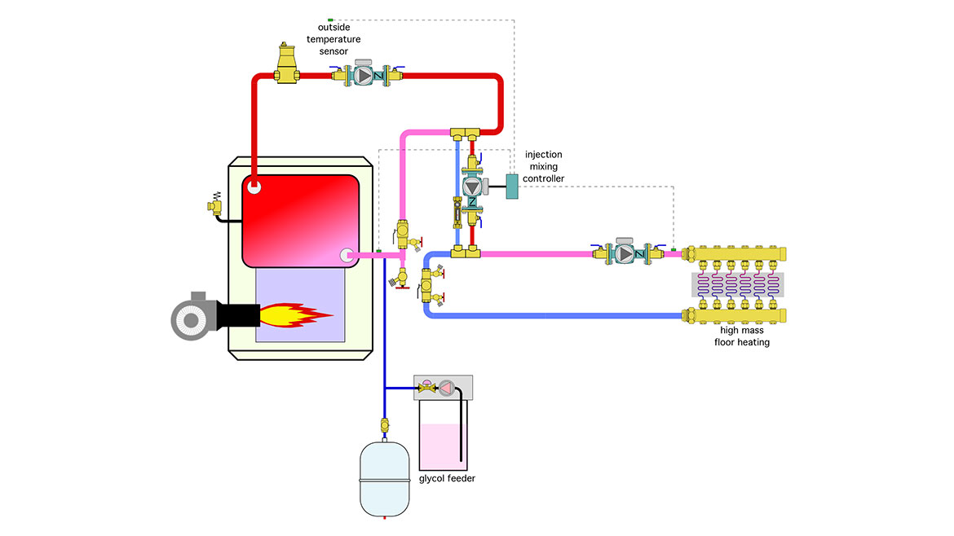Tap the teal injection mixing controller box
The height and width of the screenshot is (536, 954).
[513, 187]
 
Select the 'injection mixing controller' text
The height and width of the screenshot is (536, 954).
[543, 166]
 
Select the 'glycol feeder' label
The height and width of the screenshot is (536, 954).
[446, 478]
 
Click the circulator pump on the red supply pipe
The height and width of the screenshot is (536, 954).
[364, 77]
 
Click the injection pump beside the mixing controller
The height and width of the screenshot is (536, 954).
[472, 186]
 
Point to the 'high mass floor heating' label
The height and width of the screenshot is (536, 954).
[744, 336]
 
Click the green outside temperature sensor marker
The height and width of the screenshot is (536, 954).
[330, 19]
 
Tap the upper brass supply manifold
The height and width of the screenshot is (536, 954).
[738, 253]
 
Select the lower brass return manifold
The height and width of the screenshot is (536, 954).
[738, 314]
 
